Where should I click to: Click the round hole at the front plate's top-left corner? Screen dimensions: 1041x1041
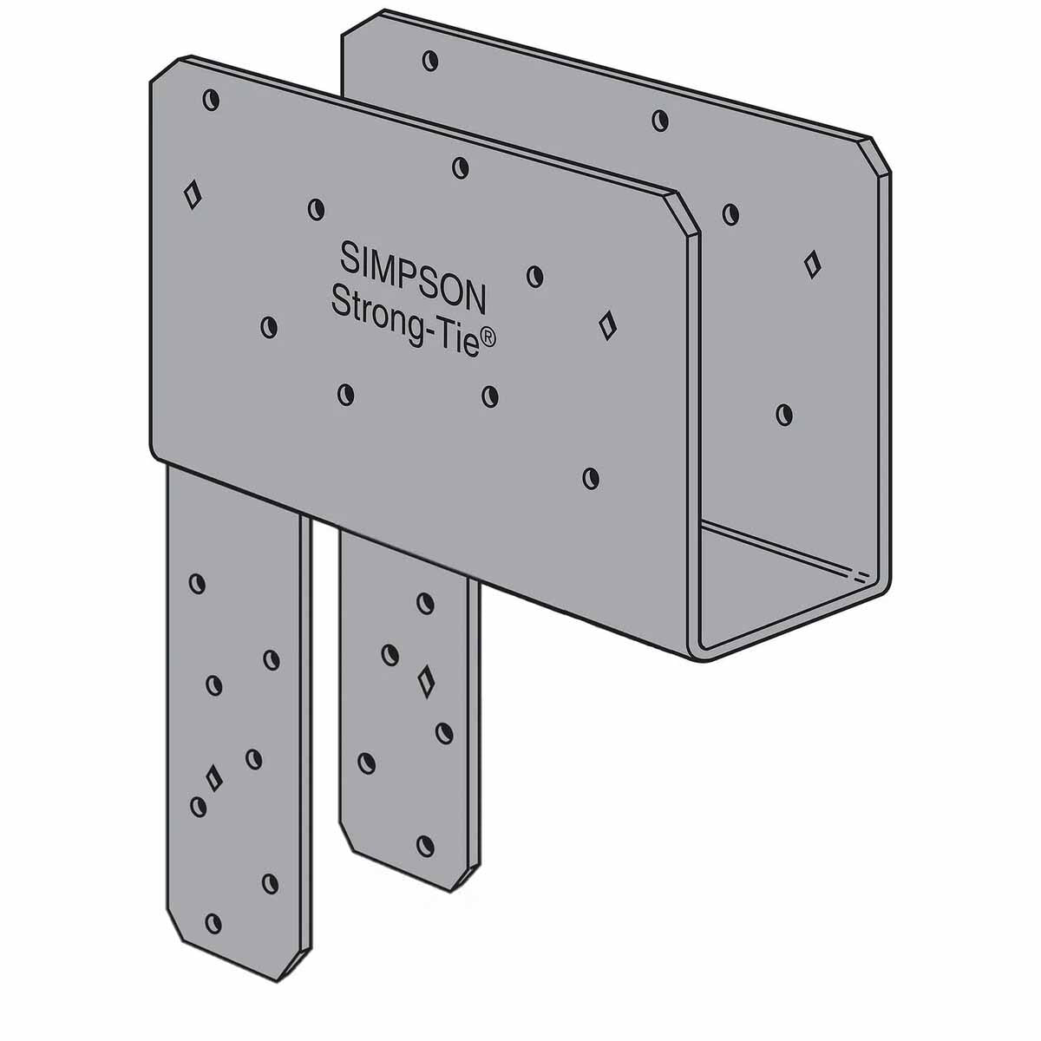tap(211, 101)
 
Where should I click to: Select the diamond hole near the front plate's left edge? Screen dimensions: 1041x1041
tap(193, 192)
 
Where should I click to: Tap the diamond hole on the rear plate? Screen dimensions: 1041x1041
tap(812, 263)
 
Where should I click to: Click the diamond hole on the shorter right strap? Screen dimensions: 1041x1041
tap(425, 682)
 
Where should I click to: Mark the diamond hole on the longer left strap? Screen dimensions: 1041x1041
tap(213, 776)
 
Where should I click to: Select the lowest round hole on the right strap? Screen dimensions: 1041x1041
tap(425, 843)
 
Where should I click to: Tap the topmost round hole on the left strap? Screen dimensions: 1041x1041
tap(198, 583)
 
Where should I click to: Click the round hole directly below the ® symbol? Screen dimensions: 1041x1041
tap(490, 396)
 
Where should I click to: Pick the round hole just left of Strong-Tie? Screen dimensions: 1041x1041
tap(270, 326)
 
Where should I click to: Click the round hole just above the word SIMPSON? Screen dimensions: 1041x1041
tap(317, 208)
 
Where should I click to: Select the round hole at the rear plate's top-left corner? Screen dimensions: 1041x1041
tap(429, 61)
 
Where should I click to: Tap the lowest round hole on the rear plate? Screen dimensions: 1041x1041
tap(785, 414)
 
